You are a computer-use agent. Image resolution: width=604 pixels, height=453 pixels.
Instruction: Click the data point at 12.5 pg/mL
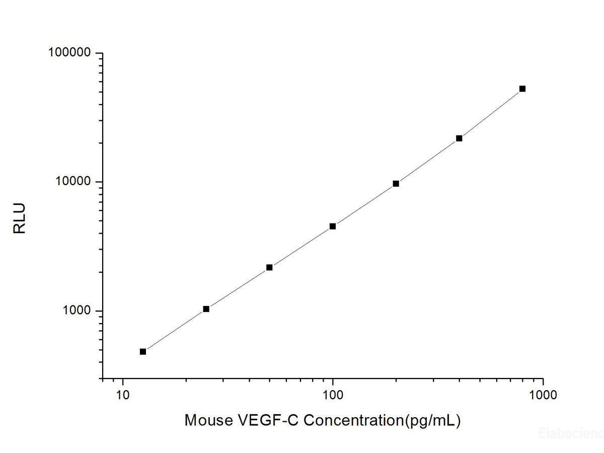coord(143,351)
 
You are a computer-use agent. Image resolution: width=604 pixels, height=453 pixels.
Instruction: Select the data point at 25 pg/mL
coord(206,309)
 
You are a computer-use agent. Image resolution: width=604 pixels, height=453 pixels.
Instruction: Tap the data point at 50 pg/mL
coord(269,267)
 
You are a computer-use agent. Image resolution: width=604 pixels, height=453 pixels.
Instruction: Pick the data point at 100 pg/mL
coord(333,226)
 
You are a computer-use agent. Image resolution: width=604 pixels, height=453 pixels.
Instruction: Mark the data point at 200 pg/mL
coord(396,184)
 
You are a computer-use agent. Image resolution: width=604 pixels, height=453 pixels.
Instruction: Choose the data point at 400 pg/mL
coord(459,138)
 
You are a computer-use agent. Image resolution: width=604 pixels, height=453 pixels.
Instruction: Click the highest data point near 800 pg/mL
coord(522,89)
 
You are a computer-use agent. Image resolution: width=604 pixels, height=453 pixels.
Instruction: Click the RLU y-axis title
coord(19,218)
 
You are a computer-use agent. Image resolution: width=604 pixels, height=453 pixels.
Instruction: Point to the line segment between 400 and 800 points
coord(491,113)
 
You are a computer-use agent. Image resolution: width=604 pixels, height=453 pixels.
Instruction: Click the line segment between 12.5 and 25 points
coord(174,330)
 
